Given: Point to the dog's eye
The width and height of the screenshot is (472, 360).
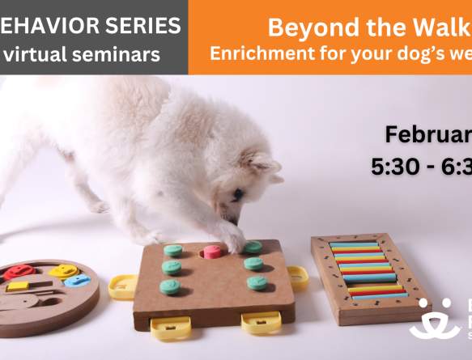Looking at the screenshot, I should click(x=238, y=193).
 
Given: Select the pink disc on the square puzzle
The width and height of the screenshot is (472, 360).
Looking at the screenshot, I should click(x=212, y=252).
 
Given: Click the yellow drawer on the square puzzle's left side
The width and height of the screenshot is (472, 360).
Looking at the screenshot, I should click(x=122, y=286).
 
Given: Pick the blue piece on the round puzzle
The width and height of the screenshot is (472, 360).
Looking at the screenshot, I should click(x=77, y=281).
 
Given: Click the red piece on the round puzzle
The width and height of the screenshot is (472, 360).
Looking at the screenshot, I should click(x=19, y=272).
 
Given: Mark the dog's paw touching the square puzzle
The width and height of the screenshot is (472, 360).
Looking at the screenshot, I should click(x=231, y=239).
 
